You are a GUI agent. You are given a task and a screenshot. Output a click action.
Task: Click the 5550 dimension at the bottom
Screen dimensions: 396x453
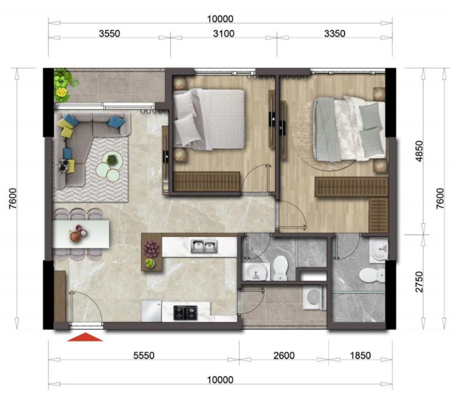click(x=144, y=356)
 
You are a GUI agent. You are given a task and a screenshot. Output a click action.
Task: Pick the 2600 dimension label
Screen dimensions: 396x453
click(x=284, y=356)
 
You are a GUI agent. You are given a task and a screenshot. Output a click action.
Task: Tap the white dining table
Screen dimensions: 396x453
click(x=81, y=234)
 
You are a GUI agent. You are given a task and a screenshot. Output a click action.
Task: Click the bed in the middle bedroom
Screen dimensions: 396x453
click(x=209, y=118)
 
